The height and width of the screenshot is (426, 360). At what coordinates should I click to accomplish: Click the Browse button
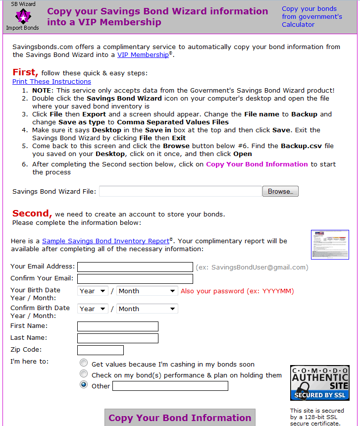pos(280,191)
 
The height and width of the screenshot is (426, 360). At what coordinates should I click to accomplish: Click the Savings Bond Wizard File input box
pos(180,191)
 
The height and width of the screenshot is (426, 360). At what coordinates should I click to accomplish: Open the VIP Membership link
pos(143,55)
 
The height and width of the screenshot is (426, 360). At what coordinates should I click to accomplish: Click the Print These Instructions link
pos(51,81)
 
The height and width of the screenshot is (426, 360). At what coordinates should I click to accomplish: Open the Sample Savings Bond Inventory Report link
pos(105,241)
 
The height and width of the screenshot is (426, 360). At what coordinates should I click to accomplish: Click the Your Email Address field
pos(135,267)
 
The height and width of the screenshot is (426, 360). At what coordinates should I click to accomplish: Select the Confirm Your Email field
pos(135,279)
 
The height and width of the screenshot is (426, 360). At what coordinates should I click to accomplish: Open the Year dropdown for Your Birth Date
pos(93,291)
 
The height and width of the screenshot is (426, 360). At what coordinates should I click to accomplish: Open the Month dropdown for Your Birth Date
pos(147,291)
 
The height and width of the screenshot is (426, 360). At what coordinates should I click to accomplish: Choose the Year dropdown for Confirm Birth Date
pos(93,309)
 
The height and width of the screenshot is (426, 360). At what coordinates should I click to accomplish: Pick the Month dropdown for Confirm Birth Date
pos(147,309)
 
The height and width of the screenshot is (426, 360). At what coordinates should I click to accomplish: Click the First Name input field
pos(118,326)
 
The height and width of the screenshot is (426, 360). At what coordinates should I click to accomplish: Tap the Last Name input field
pos(118,338)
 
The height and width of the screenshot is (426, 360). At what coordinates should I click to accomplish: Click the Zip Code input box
pos(101,350)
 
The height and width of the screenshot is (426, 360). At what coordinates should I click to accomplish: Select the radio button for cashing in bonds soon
pos(84,363)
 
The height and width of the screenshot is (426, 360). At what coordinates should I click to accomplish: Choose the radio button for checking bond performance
pos(84,374)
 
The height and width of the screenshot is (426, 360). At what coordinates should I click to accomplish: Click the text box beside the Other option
pos(170,386)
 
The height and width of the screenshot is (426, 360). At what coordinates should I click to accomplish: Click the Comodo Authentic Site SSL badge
pos(319,383)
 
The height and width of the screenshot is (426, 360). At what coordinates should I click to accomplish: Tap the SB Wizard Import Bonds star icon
pos(22,16)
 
